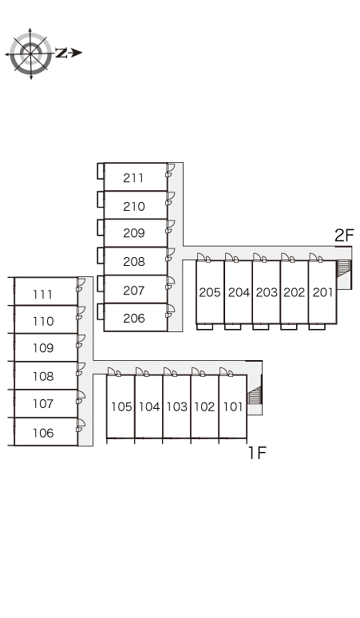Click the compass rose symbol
(x=30, y=53)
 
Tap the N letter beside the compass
(x=61, y=53)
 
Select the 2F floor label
(x=344, y=236)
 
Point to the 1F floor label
(x=257, y=453)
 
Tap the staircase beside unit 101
(x=255, y=395)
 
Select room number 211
(x=133, y=178)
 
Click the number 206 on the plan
(x=134, y=318)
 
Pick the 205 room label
(x=210, y=292)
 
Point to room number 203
(x=267, y=292)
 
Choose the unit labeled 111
(x=42, y=295)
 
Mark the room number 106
(x=43, y=433)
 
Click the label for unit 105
(x=121, y=406)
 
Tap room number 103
(x=177, y=406)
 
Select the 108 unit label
(x=43, y=376)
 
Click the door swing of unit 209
(x=171, y=227)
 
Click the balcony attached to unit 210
(x=101, y=199)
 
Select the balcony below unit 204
(x=233, y=327)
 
